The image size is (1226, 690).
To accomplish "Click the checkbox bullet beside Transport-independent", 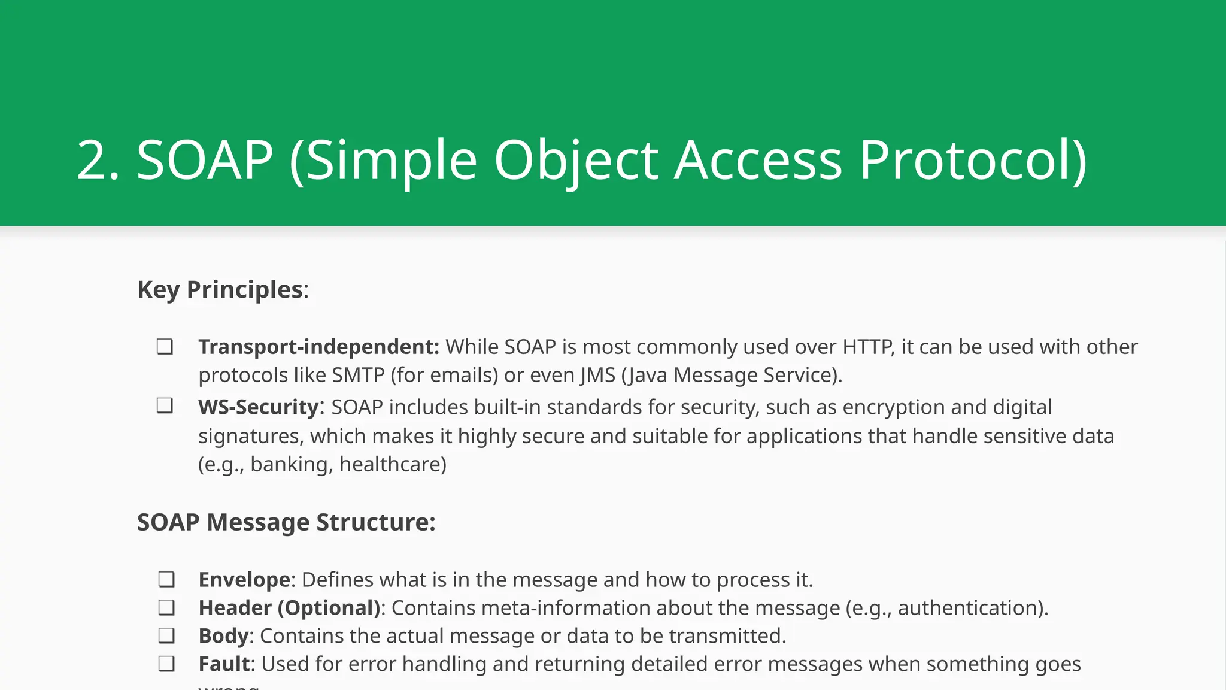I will click(165, 347).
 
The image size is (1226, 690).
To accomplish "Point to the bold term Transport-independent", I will click(318, 347).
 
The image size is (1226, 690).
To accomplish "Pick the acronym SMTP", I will click(358, 375).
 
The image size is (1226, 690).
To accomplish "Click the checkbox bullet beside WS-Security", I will click(165, 406).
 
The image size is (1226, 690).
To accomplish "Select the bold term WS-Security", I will click(259, 407).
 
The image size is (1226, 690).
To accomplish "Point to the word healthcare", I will click(392, 464).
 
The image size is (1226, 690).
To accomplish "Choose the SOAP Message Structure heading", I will click(286, 522).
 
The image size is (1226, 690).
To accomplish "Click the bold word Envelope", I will click(244, 580).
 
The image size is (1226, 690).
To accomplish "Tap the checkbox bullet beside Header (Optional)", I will click(166, 608).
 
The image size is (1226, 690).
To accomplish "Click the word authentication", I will click(970, 608).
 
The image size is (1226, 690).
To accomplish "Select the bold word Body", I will click(223, 636).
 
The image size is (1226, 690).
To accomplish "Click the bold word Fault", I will click(224, 664).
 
